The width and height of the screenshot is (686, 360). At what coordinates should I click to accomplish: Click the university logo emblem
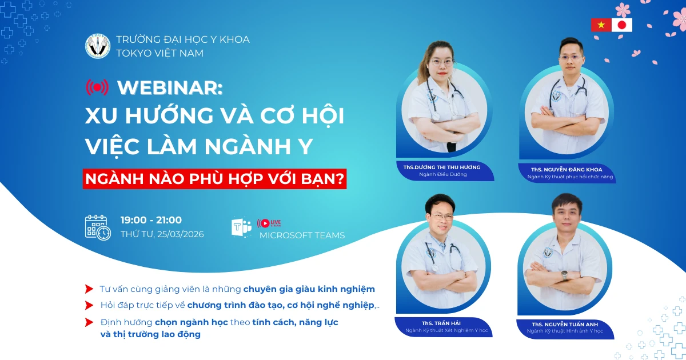97,46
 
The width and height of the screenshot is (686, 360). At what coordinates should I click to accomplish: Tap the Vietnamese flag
601,25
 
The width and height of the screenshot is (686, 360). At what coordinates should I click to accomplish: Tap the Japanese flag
622,25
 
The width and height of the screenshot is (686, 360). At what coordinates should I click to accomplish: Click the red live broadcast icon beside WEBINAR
97,87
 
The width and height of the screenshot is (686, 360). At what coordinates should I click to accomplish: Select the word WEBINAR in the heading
169,87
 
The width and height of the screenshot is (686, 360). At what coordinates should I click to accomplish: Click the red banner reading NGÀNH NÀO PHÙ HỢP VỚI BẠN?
215,179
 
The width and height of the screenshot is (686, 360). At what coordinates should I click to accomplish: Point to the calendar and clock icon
98,227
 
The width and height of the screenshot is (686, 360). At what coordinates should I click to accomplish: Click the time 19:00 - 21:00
151,220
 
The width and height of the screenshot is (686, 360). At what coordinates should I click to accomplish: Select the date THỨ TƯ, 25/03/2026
162,234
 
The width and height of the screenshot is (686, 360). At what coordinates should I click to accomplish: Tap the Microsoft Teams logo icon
241,227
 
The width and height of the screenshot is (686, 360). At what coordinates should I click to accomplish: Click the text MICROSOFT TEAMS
302,235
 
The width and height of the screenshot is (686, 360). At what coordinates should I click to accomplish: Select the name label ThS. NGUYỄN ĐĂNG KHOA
566,170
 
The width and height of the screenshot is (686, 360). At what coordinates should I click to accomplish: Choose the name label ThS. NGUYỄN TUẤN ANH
564,324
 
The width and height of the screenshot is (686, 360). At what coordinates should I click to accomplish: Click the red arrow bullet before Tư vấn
89,289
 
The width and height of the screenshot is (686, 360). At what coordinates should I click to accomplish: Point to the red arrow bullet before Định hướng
89,322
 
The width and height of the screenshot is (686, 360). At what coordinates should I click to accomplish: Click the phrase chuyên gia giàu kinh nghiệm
309,289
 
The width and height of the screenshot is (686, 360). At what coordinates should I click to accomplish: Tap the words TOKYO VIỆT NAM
159,53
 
